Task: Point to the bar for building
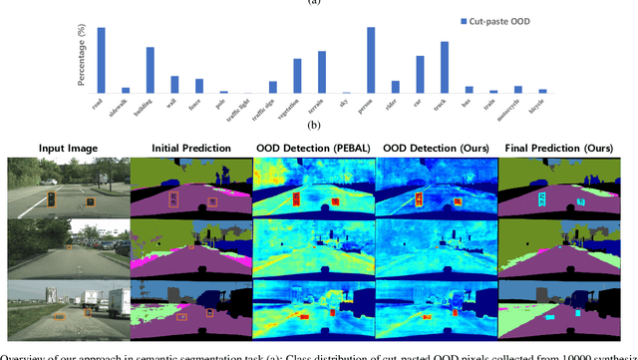pyautogui.click(x=150, y=70)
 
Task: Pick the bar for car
pyautogui.click(x=420, y=74)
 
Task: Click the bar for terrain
pyautogui.click(x=322, y=72)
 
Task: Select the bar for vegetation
pyautogui.click(x=297, y=76)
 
